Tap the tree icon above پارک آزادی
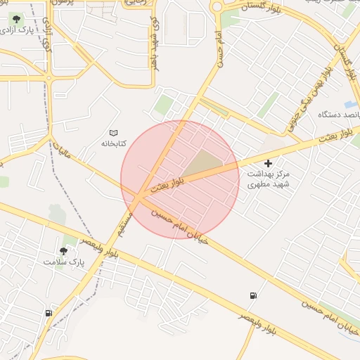pyautogui.click(x=17, y=20)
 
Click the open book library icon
pyautogui.click(x=113, y=132)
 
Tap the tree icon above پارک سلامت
pyautogui.click(x=64, y=250)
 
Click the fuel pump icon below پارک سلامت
pyautogui.click(x=49, y=313)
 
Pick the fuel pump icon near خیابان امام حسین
pyautogui.click(x=252, y=295)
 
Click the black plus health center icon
pyautogui.click(x=268, y=163)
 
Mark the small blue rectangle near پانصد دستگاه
pyautogui.click(x=351, y=105)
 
